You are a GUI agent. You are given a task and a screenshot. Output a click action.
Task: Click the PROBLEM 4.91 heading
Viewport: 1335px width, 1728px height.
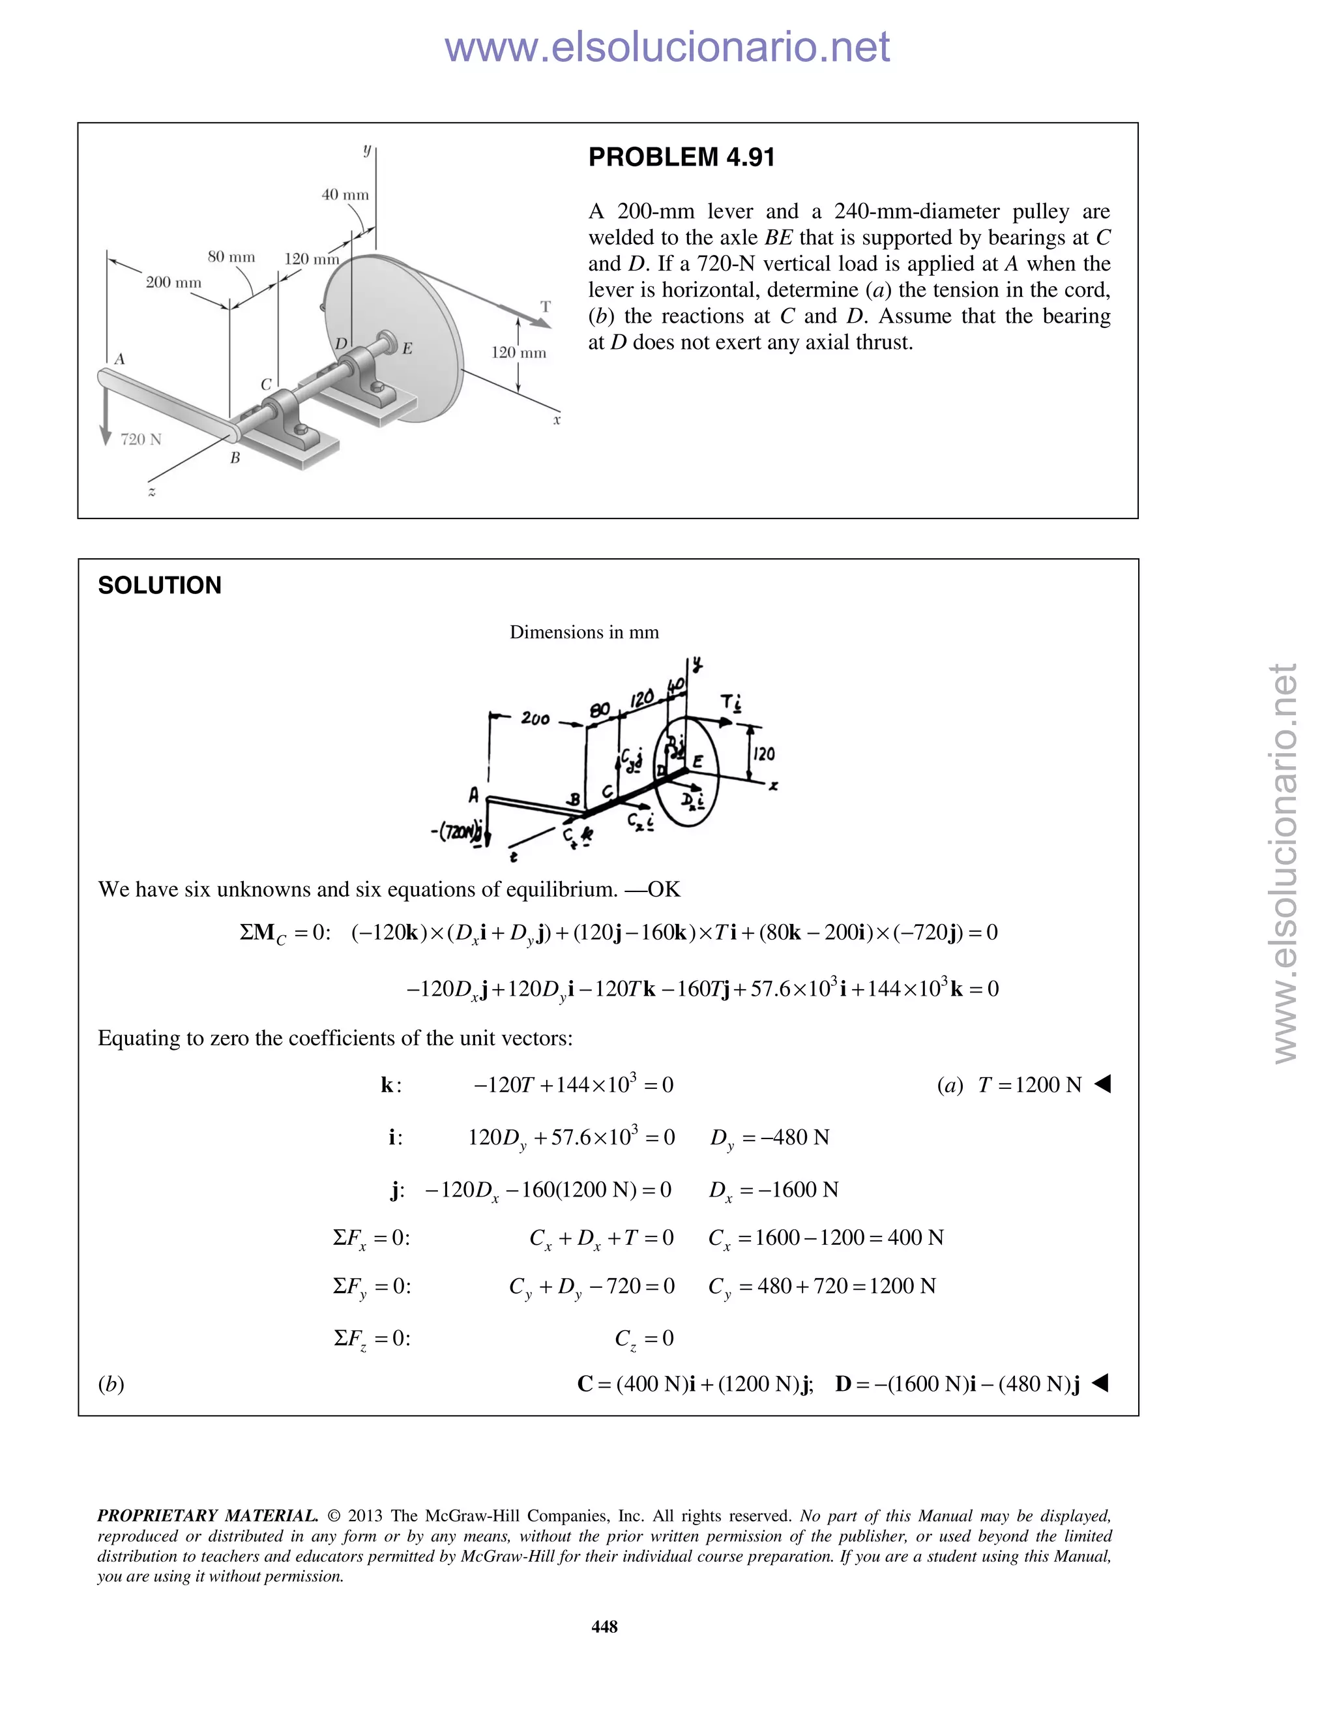coord(681,157)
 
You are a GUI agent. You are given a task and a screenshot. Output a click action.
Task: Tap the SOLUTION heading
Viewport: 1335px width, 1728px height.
coord(159,586)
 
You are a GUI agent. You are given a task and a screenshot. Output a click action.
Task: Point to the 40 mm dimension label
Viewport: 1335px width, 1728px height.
coord(345,194)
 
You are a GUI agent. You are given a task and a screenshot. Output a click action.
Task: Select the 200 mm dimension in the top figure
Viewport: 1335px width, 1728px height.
coord(173,282)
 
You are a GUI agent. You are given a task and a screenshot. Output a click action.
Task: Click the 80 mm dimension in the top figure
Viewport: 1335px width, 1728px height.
coord(231,257)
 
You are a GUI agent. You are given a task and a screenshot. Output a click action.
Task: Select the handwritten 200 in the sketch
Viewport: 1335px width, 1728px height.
coord(535,719)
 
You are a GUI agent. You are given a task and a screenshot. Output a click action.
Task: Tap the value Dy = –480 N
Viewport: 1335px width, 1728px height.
coord(770,1138)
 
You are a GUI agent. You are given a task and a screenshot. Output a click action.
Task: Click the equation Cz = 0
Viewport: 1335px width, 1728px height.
coord(644,1339)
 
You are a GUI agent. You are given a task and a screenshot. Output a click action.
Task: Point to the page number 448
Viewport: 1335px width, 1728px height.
coord(604,1626)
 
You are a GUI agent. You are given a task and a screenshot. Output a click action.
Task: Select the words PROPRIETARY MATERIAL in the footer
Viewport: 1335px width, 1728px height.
coord(207,1516)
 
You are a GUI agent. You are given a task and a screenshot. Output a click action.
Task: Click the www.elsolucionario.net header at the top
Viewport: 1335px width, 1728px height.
coord(667,47)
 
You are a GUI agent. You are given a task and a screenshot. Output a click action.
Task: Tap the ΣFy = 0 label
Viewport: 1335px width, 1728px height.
coord(371,1287)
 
